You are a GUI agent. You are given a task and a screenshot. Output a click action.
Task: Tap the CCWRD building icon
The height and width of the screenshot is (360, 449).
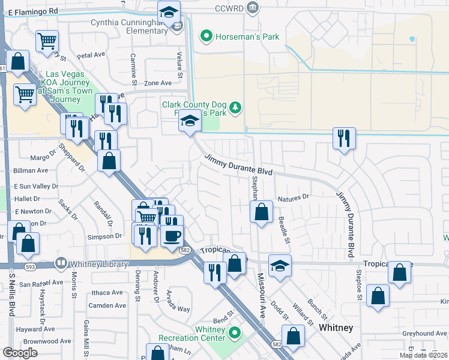coord(254,8)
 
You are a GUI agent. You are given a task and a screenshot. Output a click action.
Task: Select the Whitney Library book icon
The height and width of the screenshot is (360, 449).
coord(61,263)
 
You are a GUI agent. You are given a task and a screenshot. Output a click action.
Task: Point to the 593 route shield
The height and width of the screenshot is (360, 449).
coord(29,266)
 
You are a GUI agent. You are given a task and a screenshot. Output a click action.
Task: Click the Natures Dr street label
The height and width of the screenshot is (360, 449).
coord(293,197)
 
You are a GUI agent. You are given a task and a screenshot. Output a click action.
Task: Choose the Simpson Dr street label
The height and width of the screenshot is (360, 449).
coord(105,236)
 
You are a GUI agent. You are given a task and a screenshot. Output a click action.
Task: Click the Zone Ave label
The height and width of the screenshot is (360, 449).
coord(158,83)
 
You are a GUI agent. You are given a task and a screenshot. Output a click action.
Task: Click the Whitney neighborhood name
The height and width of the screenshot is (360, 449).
coord(336,328)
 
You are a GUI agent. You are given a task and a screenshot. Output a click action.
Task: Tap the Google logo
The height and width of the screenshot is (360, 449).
coord(20,353)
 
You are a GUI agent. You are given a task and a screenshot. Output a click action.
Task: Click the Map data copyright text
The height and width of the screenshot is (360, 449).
coord(423,355)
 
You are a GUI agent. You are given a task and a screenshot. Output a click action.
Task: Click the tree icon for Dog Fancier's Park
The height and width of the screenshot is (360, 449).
coord(237,107)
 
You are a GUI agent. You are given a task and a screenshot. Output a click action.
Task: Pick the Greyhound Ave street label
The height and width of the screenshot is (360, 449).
coord(425,333)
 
